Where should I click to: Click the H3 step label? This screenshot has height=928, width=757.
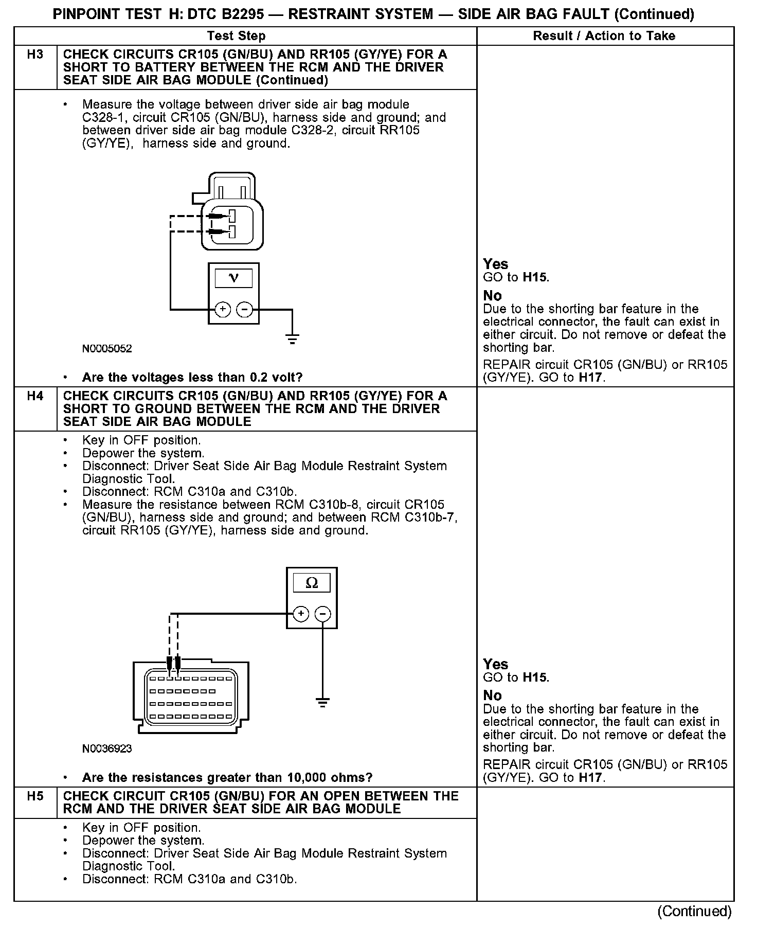pyautogui.click(x=35, y=55)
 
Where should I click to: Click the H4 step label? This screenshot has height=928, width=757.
pyautogui.click(x=35, y=396)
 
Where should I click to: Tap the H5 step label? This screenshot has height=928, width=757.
pyautogui.click(x=35, y=796)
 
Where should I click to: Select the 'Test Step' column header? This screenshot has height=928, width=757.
pyautogui.click(x=237, y=36)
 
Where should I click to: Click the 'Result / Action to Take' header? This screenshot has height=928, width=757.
pyautogui.click(x=604, y=36)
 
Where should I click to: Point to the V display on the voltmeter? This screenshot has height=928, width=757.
pyautogui.click(x=233, y=278)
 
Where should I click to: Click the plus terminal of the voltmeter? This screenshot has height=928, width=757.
pyautogui.click(x=222, y=309)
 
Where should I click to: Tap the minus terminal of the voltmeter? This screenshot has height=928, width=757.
pyautogui.click(x=244, y=309)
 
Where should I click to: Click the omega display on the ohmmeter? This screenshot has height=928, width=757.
pyautogui.click(x=312, y=583)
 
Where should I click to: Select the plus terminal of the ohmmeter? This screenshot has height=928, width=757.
pyautogui.click(x=301, y=614)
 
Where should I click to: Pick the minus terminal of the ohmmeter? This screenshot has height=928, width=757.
pyautogui.click(x=322, y=614)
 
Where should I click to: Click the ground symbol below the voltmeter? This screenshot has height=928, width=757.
pyautogui.click(x=292, y=339)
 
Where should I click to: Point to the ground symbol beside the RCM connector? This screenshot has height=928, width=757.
pyautogui.click(x=322, y=702)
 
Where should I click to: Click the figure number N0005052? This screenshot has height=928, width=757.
pyautogui.click(x=107, y=349)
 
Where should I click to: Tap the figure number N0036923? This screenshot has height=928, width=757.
pyautogui.click(x=107, y=749)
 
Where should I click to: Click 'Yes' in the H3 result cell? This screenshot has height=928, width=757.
pyautogui.click(x=495, y=264)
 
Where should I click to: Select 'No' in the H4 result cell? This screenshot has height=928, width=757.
pyautogui.click(x=492, y=695)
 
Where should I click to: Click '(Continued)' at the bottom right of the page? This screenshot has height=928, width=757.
pyautogui.click(x=694, y=912)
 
